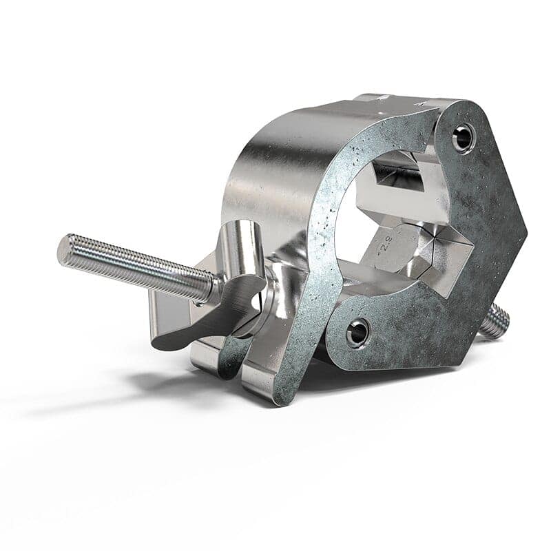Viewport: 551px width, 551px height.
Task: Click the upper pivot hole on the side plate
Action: pyautogui.click(x=464, y=138)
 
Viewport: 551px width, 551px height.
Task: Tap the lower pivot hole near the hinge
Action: pyautogui.click(x=357, y=333)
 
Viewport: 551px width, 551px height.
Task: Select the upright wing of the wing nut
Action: pyautogui.click(x=242, y=249)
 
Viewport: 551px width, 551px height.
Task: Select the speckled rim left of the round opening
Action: pyautogui.click(x=324, y=227)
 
